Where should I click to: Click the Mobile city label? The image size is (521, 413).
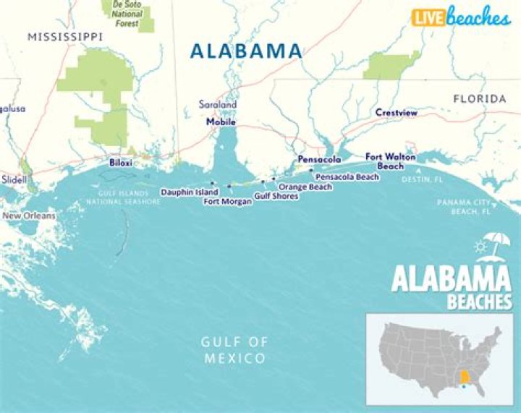click(x=221, y=122)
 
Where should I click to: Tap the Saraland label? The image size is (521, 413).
click(x=218, y=105)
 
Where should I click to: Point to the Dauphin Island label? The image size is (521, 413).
click(x=189, y=192)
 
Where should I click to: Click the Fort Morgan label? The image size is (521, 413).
click(x=227, y=202)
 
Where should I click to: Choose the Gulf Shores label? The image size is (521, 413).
click(x=276, y=196)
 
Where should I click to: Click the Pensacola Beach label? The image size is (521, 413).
click(x=347, y=176)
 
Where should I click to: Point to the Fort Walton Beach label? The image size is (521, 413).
click(x=384, y=161)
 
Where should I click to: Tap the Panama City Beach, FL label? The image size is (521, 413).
click(x=464, y=208)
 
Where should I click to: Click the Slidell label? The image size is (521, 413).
click(x=14, y=179)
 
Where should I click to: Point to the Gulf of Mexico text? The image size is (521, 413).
click(x=234, y=350)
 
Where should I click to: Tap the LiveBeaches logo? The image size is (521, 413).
click(x=460, y=17)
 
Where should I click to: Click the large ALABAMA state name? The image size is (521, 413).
click(x=245, y=51)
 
